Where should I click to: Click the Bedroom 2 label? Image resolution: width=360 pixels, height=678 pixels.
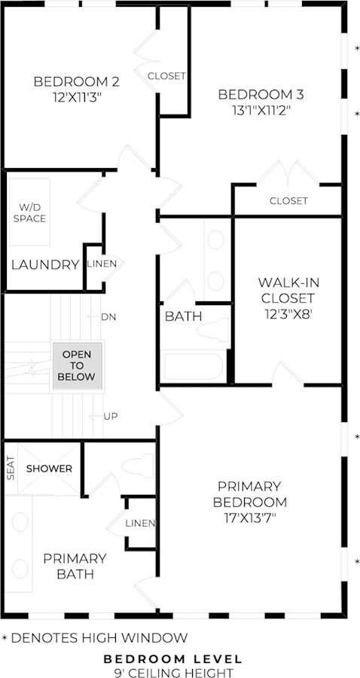pos(77,81)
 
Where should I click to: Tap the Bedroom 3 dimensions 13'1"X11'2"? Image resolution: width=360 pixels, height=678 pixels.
pos(261,111)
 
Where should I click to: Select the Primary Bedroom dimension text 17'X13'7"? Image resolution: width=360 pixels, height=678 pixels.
pos(252,517)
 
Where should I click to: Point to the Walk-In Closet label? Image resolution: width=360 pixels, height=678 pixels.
pos(288,290)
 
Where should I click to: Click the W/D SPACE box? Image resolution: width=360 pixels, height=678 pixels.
pos(29,212)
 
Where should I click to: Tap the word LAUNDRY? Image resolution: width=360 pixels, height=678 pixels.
pos(45,264)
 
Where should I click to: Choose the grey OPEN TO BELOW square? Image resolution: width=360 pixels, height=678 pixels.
pos(77,366)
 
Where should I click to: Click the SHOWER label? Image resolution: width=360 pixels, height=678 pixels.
pos(49,469)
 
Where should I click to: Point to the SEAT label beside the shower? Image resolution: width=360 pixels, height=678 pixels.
pos(11,469)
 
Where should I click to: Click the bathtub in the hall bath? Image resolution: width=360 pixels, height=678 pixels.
pos(194,366)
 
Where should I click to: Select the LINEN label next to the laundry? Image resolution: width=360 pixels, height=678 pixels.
pos(102,264)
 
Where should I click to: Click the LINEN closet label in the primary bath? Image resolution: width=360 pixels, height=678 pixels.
pos(140,524)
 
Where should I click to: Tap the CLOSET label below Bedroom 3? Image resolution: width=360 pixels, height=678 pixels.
pos(288,200)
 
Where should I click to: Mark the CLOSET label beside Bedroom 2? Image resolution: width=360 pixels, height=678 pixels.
pos(166,76)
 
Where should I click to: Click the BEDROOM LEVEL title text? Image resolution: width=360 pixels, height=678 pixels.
pos(173,659)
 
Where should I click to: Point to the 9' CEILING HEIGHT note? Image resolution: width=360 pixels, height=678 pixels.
pos(173,673)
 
